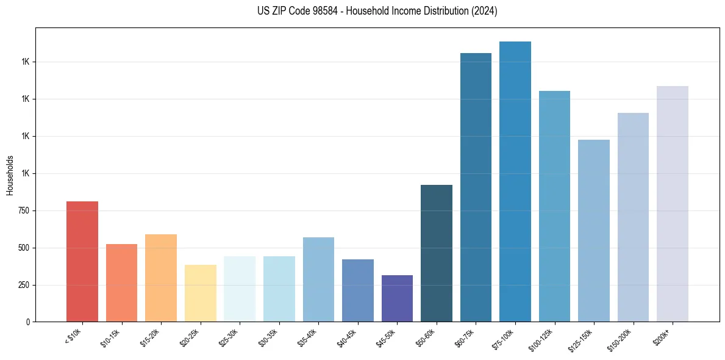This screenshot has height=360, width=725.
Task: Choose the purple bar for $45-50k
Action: (397, 298)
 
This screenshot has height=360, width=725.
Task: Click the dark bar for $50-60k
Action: (437, 253)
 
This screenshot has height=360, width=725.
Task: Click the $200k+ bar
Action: (673, 204)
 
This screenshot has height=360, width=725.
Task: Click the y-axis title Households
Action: (10, 175)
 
